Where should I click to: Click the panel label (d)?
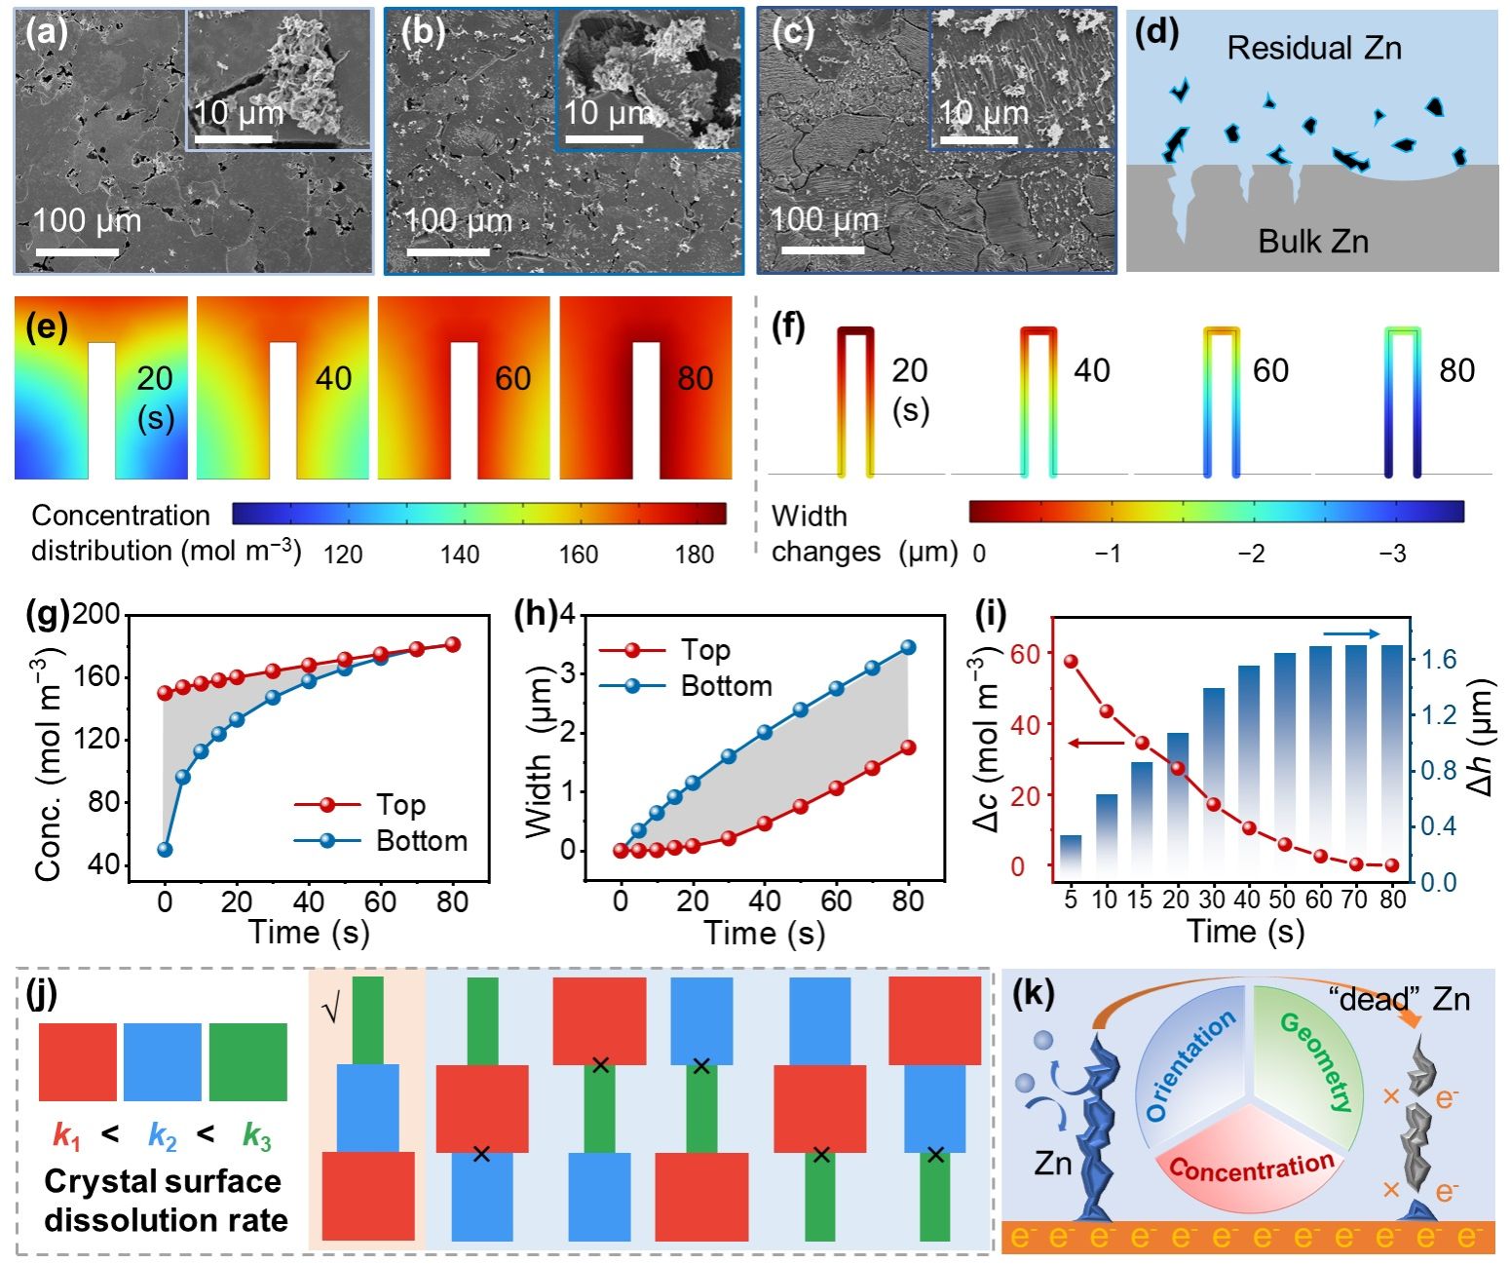[x=1156, y=33]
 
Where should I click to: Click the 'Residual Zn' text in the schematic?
[x=1313, y=48]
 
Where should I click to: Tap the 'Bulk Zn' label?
[x=1312, y=241]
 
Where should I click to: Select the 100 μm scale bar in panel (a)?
[x=78, y=252]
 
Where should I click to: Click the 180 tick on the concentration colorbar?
[x=695, y=555]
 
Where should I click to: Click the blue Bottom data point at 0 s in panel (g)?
[x=165, y=849]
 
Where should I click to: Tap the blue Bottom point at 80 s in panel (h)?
[x=908, y=647]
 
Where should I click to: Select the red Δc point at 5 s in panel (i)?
[x=1071, y=662]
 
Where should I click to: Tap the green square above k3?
[x=247, y=1062]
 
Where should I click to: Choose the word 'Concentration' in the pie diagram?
[x=1251, y=1167]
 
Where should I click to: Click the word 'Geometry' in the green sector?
[x=1316, y=1062]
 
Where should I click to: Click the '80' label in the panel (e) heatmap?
[x=695, y=378]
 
